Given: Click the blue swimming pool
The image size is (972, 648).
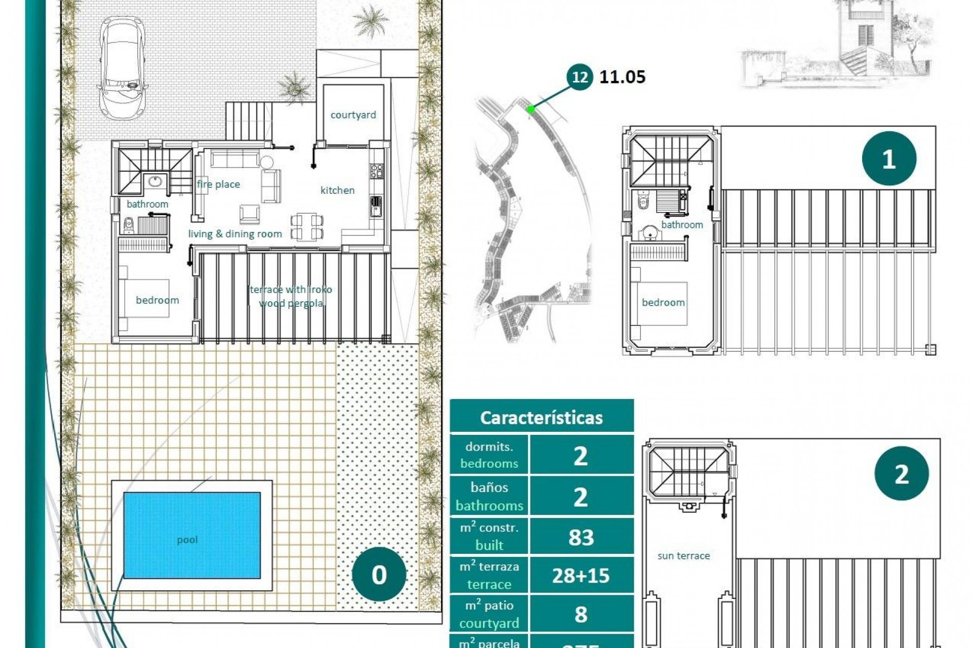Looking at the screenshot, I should pyautogui.click(x=192, y=535).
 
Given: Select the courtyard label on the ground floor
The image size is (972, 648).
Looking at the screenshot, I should pyautogui.click(x=353, y=115).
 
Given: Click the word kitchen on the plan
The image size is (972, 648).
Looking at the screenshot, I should pyautogui.click(x=337, y=190).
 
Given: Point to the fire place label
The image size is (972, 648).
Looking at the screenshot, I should pyautogui.click(x=218, y=184).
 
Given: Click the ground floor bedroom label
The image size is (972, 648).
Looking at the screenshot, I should pyautogui.click(x=157, y=300).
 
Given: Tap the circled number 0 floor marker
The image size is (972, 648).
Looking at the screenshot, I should pyautogui.click(x=379, y=575).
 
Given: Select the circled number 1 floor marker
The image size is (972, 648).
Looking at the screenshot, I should pyautogui.click(x=888, y=159).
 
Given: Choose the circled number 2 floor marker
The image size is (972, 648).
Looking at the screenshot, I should pyautogui.click(x=901, y=474).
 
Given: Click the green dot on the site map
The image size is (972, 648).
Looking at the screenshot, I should pyautogui.click(x=530, y=109).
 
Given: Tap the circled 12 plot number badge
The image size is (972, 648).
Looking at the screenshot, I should pyautogui.click(x=580, y=77).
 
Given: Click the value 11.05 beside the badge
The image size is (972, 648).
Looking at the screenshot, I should pyautogui.click(x=622, y=77).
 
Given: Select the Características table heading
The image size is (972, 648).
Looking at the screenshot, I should pyautogui.click(x=541, y=418).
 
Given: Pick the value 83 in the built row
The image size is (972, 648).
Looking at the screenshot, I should pyautogui.click(x=581, y=537).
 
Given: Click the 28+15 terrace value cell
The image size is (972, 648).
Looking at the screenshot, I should pyautogui.click(x=581, y=576).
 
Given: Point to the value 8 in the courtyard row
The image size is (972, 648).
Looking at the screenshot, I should pyautogui.click(x=581, y=615).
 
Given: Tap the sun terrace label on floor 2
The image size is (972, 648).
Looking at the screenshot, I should pyautogui.click(x=683, y=556).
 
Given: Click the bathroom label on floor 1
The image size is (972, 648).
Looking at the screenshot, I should pyautogui.click(x=682, y=225).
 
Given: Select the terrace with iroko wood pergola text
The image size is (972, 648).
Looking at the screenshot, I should pyautogui.click(x=291, y=296).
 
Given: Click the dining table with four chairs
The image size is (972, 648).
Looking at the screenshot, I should pyautogui.click(x=307, y=226).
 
